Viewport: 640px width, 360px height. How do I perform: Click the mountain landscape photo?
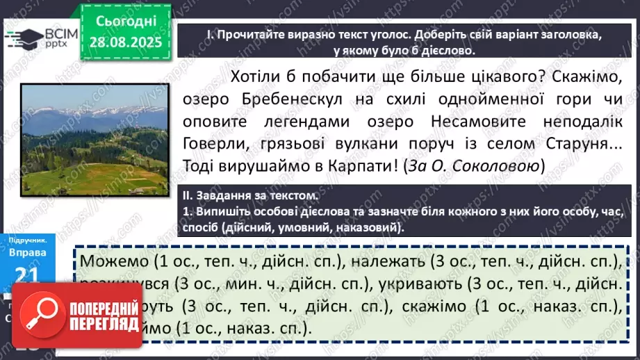94,139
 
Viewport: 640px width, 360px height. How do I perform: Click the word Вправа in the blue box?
28,252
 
